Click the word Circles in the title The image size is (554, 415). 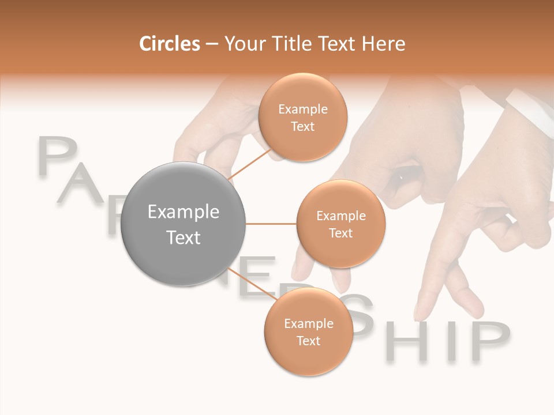click(169, 44)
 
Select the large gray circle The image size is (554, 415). click(184, 224)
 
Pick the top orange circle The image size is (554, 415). click(302, 117)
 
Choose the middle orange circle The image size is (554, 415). click(340, 224)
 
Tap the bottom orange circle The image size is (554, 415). click(308, 331)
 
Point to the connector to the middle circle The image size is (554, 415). click(271, 224)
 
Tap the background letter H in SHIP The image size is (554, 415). click(411, 341)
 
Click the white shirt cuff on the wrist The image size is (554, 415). click(530, 109)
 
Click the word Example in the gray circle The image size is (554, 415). click(184, 212)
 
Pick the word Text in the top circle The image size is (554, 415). click(302, 126)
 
